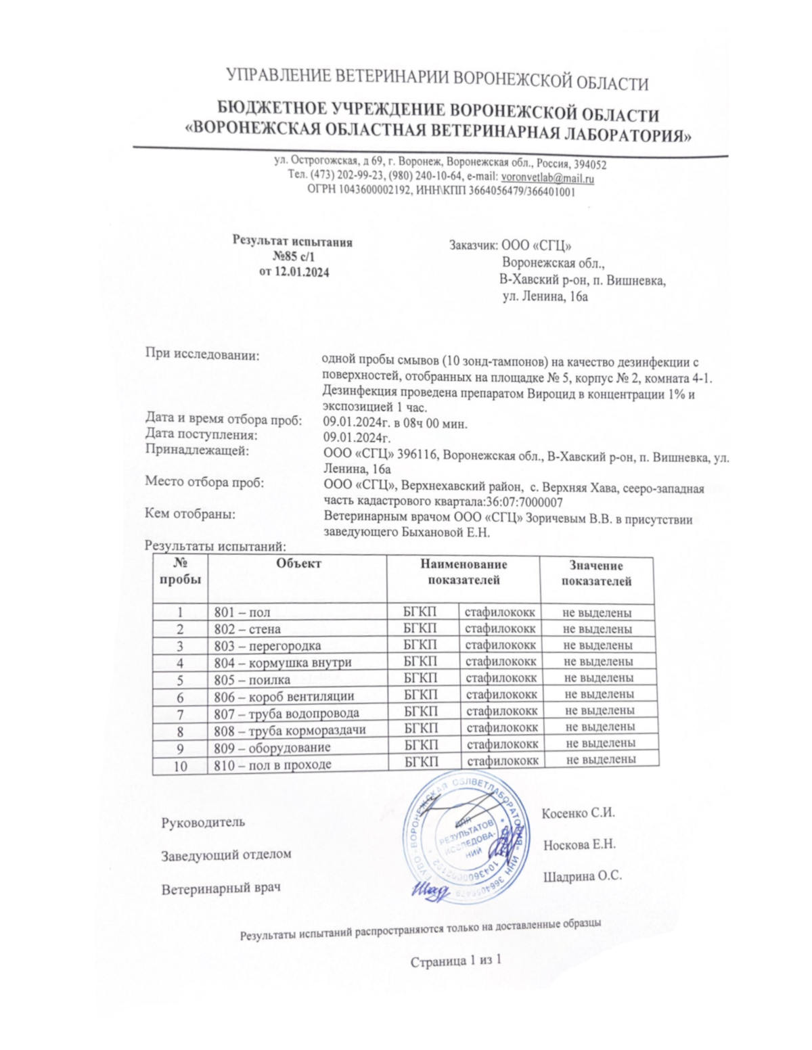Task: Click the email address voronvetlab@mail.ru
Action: tap(547, 179)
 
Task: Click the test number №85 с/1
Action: tap(293, 257)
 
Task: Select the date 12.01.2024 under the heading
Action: tap(302, 272)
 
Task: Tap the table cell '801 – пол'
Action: tap(242, 613)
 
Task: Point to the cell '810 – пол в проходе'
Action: tap(273, 765)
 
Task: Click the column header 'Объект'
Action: tap(298, 564)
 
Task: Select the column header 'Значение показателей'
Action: tap(596, 574)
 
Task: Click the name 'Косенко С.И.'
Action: tap(578, 813)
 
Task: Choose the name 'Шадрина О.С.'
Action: tap(582, 876)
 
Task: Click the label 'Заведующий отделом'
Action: tap(226, 854)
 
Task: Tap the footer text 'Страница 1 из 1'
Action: tap(455, 961)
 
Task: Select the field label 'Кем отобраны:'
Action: tap(190, 514)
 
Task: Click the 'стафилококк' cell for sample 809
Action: tap(502, 744)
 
